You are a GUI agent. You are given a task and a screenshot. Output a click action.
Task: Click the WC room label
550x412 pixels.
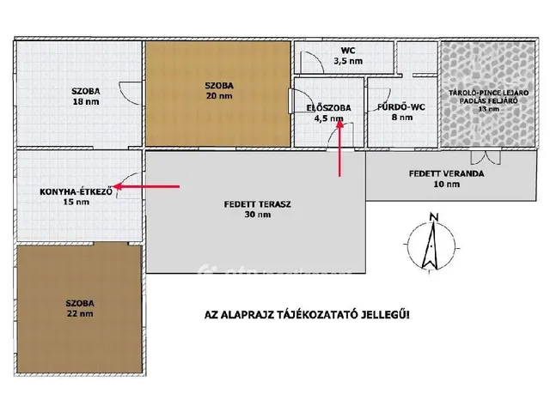pyautogui.click(x=348, y=51)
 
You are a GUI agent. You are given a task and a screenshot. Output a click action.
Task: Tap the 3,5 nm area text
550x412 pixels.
pyautogui.click(x=348, y=61)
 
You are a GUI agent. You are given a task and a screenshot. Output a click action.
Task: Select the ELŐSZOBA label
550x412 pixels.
pyautogui.click(x=328, y=108)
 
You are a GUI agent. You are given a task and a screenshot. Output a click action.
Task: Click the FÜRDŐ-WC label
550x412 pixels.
pyautogui.click(x=401, y=106)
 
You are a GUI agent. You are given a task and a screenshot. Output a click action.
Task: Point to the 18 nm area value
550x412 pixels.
pyautogui.click(x=86, y=102)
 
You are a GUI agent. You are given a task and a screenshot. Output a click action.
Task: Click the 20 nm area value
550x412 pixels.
pyautogui.click(x=219, y=96)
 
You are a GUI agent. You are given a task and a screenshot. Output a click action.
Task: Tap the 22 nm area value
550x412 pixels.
pyautogui.click(x=80, y=313)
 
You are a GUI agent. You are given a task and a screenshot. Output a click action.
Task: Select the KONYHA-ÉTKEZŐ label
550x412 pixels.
pyautogui.click(x=76, y=191)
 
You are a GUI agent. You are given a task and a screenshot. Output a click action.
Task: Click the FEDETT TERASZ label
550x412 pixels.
pyautogui.click(x=258, y=204)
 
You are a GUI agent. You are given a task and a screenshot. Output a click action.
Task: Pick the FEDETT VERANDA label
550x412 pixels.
pyautogui.click(x=447, y=173)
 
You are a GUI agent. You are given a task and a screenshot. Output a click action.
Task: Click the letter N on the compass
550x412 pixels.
pyautogui.click(x=434, y=217)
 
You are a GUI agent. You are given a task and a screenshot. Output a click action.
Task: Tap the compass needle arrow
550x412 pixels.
pyautogui.click(x=431, y=245)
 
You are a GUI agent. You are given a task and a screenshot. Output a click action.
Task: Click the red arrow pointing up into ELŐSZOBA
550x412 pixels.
pyautogui.click(x=339, y=148)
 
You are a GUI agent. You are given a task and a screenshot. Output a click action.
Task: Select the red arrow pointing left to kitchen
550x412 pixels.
pyautogui.click(x=146, y=187)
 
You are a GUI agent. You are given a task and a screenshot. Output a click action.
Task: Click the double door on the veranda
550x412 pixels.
pyautogui.click(x=486, y=157)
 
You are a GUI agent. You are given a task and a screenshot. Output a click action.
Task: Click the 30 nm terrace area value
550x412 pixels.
pyautogui.click(x=258, y=215)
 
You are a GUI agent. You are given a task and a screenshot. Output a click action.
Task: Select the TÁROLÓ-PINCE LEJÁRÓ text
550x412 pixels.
pyautogui.click(x=488, y=94)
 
